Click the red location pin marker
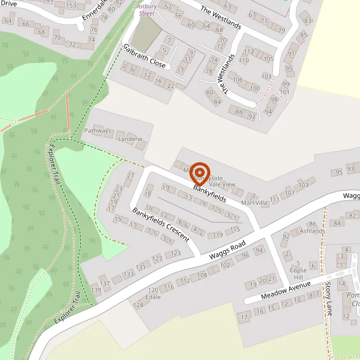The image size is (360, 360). click(200, 172)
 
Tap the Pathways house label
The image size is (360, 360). click(98, 131)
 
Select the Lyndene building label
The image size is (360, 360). click(131, 139)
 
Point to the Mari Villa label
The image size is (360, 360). click(254, 203)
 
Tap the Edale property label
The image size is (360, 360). click(154, 297)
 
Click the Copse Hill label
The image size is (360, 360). click(298, 266)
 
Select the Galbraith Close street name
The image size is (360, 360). click(145, 56)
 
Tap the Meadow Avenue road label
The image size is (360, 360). click(286, 290)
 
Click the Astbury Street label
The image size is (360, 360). click(146, 8)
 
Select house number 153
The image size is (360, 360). click(71, 6)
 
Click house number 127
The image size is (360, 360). click(157, 259)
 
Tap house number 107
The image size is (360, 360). click(290, 193)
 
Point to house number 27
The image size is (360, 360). click(130, 176)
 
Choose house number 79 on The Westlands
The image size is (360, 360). click(281, 30)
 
